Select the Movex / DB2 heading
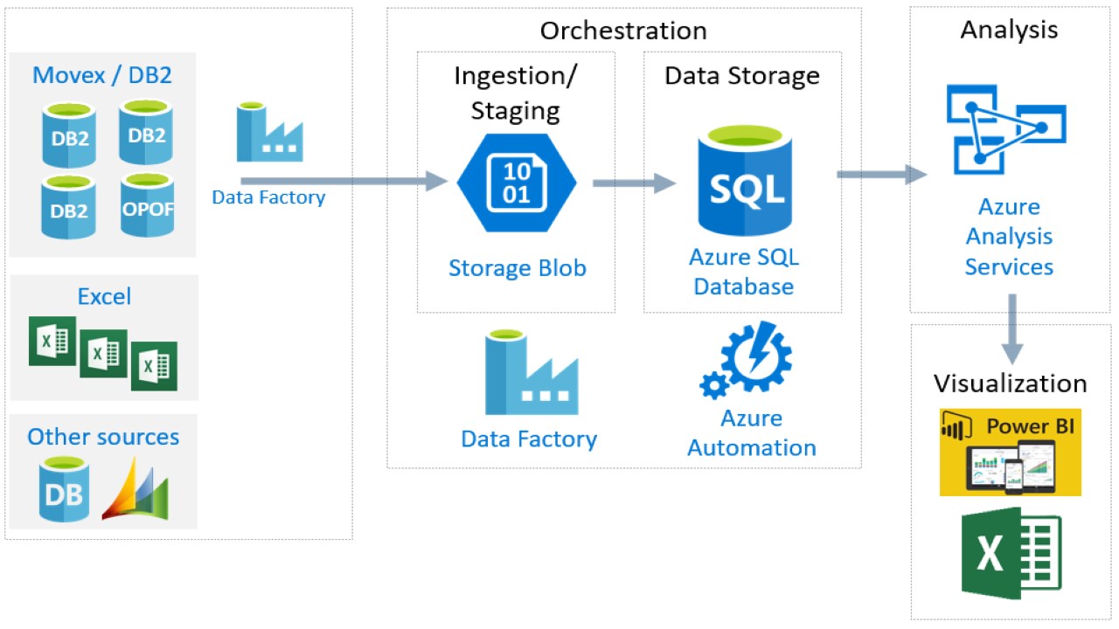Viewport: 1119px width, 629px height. click(102, 75)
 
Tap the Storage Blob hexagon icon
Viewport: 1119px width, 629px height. click(517, 183)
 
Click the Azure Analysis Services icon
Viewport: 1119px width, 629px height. click(1006, 131)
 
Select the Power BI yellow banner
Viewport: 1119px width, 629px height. click(1010, 452)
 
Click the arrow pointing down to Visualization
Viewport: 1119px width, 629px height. click(1011, 328)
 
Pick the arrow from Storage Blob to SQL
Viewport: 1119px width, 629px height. click(634, 183)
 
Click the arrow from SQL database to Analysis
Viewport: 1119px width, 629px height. click(881, 175)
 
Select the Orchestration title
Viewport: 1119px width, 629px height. click(623, 31)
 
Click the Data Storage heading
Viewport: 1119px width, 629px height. click(742, 76)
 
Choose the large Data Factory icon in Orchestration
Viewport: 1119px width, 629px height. click(532, 374)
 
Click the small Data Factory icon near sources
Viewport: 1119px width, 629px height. click(269, 133)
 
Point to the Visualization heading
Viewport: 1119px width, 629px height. click(1010, 384)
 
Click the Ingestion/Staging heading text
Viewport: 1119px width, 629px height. click(516, 93)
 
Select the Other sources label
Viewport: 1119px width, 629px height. click(103, 437)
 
